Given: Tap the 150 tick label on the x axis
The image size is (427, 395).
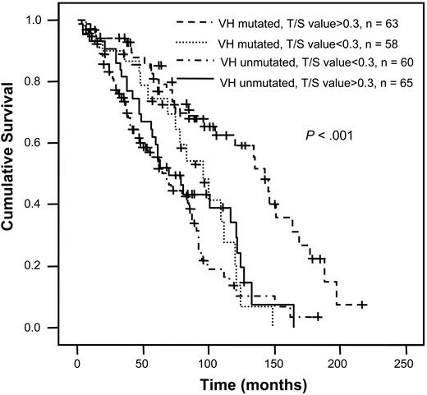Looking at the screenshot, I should coord(274,359).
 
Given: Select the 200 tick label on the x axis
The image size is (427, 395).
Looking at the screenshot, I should coord(339,359).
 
